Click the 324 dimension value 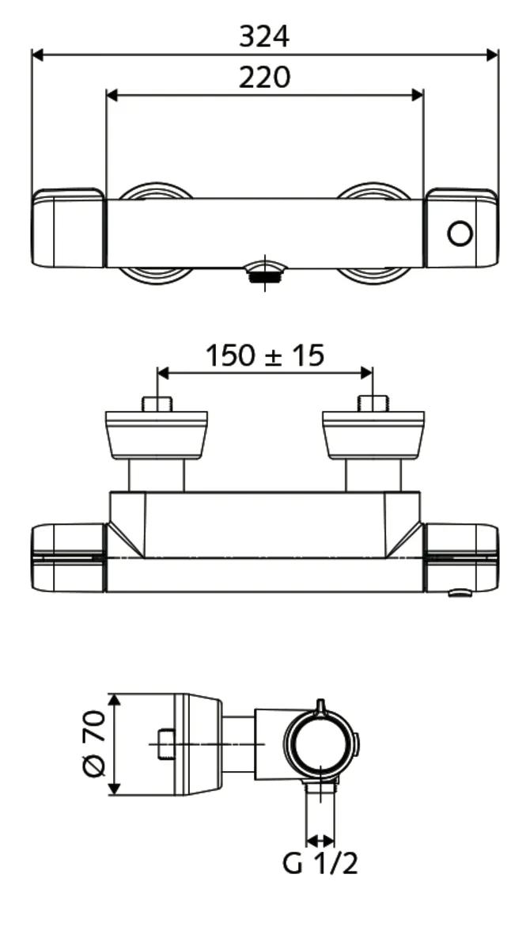point(264,36)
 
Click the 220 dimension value point(264,77)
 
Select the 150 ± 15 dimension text point(264,355)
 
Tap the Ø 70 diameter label point(94,744)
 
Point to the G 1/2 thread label point(320,863)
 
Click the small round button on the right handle point(460,234)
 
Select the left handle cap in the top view point(68,228)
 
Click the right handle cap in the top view point(461,228)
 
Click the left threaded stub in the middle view point(157,404)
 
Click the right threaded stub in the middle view point(372,404)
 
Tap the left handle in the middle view point(68,557)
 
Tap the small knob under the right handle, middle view point(458,593)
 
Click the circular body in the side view point(319,745)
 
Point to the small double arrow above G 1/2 point(320,840)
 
